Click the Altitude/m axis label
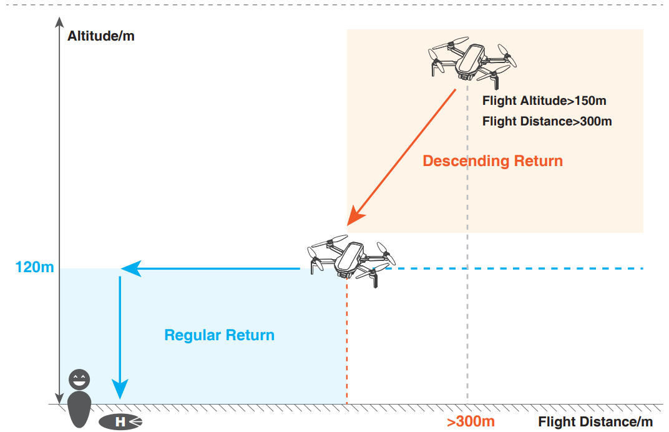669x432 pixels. tap(101, 36)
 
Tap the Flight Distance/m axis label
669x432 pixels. tap(595, 422)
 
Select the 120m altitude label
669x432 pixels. tap(35, 268)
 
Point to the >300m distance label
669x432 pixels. tap(471, 421)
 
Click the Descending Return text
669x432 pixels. tap(492, 161)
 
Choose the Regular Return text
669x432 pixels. tap(219, 335)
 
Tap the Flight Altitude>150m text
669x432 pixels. tap(544, 101)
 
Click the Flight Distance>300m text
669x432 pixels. tap(547, 121)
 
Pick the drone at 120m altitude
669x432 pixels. tap(351, 259)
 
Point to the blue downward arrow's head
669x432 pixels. tap(119, 391)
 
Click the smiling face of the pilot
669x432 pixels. tap(79, 378)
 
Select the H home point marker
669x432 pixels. tap(120, 422)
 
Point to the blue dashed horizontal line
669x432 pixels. tap(518, 268)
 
